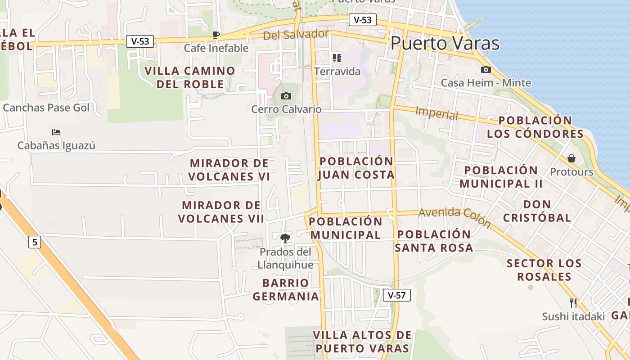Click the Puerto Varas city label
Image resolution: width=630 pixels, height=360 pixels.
(445, 43)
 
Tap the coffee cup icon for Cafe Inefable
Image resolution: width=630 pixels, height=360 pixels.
(216, 35)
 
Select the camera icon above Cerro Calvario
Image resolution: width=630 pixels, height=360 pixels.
(286, 96)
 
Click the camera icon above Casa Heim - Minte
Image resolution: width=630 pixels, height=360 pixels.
(486, 69)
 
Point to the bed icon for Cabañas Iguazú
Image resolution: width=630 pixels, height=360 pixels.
(56, 132)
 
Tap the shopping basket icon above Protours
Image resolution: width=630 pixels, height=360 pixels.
(571, 158)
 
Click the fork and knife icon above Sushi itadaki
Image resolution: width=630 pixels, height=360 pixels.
(573, 303)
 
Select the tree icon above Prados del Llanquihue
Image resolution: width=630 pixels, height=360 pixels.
(285, 238)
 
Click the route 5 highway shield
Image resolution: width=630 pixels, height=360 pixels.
(35, 242)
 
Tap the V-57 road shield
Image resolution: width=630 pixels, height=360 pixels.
(397, 295)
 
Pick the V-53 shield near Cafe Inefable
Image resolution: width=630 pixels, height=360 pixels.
(140, 41)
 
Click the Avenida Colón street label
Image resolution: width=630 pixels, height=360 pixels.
(454, 217)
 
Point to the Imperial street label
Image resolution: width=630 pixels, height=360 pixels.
(436, 113)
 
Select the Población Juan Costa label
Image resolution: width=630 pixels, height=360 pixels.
(356, 168)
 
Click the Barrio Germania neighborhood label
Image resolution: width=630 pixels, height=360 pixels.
(286, 289)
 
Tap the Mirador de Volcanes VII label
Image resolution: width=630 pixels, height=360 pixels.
(221, 212)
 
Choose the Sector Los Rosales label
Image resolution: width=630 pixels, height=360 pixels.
(544, 270)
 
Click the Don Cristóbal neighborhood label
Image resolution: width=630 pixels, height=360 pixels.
(537, 211)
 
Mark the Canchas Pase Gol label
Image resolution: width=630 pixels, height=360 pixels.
(46, 108)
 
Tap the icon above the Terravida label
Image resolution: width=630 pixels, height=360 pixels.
(337, 58)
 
